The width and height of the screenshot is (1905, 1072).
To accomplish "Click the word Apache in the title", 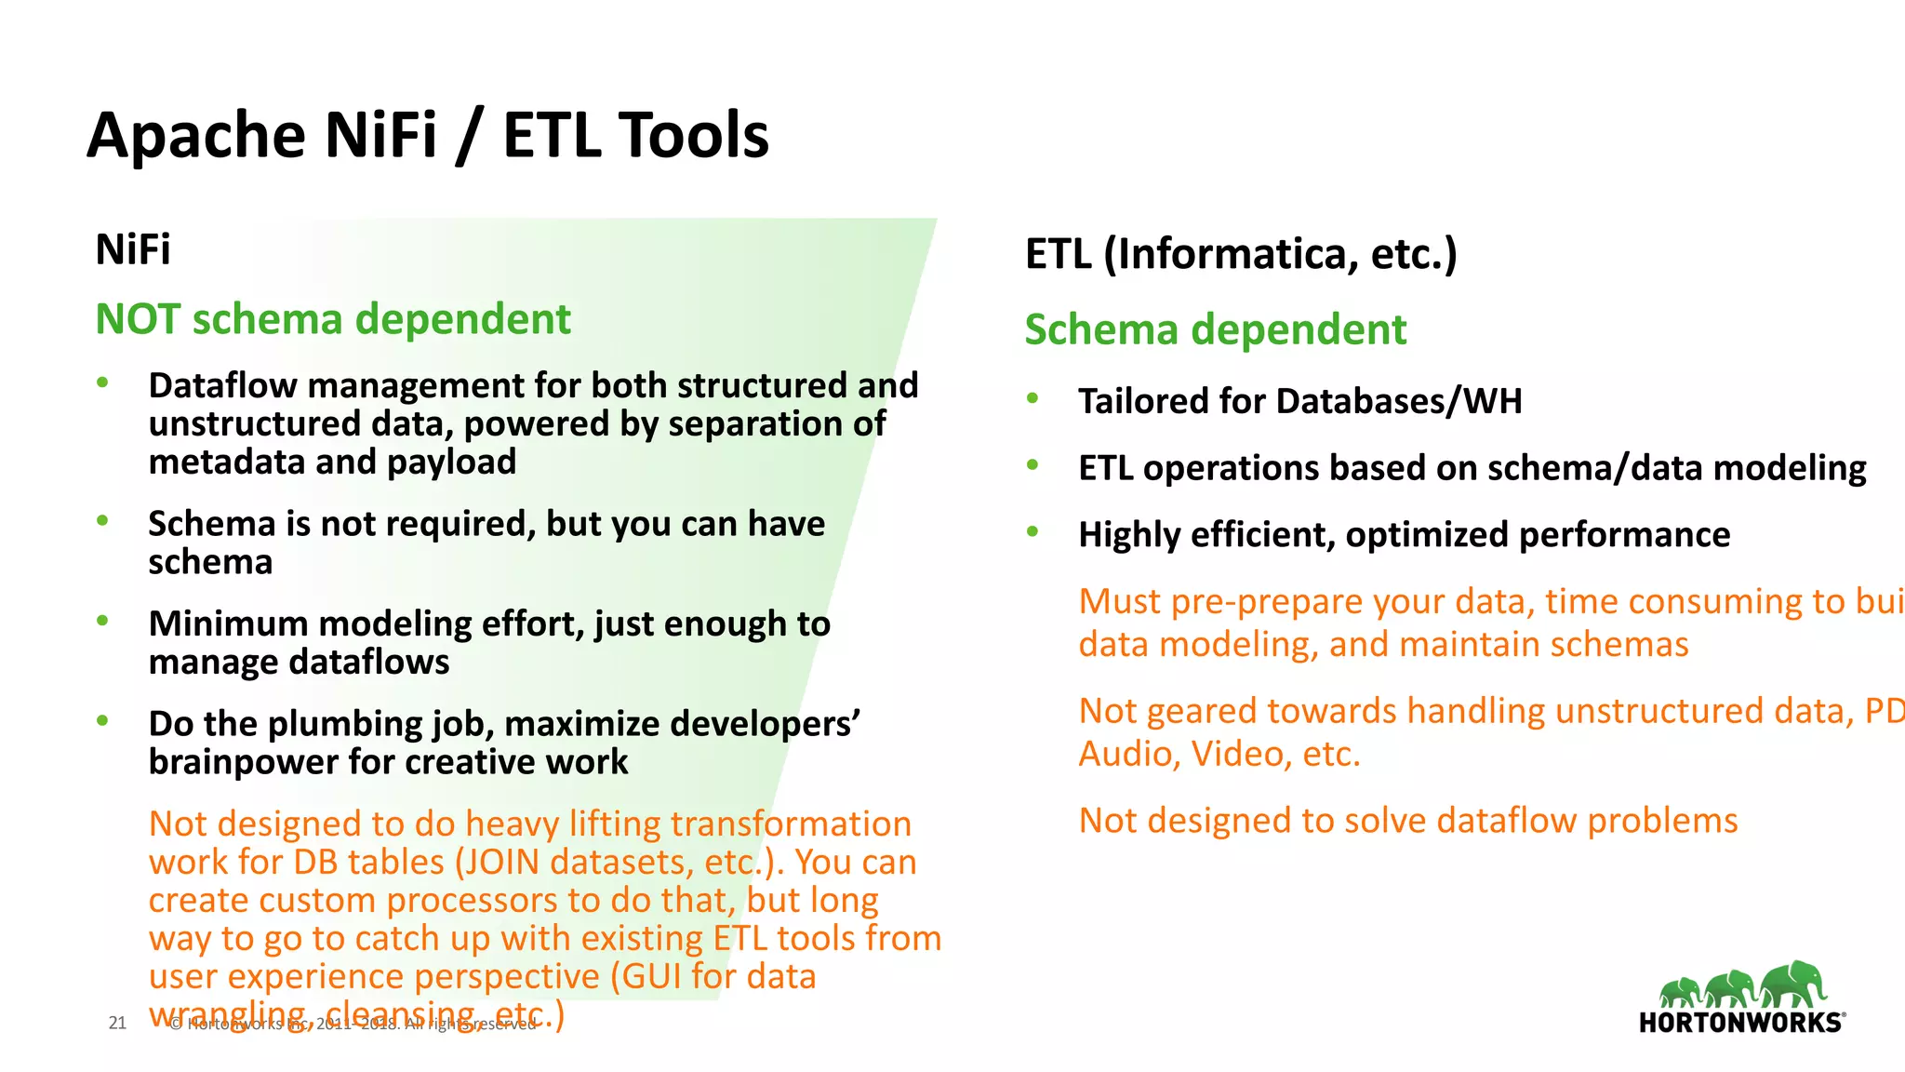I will [x=196, y=136].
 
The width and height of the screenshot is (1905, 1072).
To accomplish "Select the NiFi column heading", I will [x=133, y=249].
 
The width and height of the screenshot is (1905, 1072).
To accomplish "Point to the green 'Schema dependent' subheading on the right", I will [x=1215, y=330].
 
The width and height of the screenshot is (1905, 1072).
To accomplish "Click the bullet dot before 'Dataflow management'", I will [x=103, y=382].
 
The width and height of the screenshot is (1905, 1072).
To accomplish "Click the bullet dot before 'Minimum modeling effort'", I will [x=103, y=620].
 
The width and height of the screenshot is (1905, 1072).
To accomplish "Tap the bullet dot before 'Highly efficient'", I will [x=1032, y=531].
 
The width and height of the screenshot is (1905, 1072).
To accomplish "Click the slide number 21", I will [x=117, y=1023].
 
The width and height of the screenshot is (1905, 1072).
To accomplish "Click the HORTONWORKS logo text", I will [x=1739, y=1023].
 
